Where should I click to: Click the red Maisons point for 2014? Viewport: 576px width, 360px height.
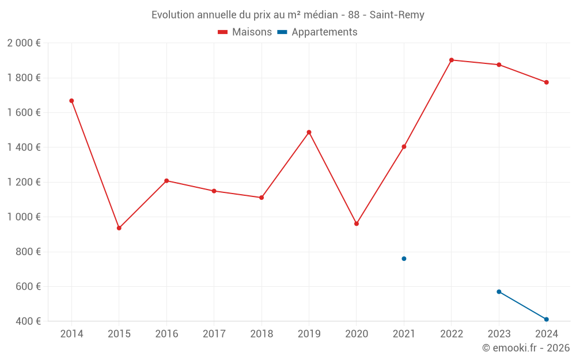click(71, 101)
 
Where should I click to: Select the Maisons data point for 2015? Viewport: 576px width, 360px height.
click(119, 228)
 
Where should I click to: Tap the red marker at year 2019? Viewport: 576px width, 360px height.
click(309, 132)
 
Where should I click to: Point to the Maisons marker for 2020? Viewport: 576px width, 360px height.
click(357, 223)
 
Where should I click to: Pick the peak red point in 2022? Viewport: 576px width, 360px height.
click(452, 60)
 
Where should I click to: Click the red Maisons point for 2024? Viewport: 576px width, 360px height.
click(546, 82)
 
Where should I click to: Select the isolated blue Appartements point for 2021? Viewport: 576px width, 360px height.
click(404, 259)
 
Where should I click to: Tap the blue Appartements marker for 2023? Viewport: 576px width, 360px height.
click(499, 291)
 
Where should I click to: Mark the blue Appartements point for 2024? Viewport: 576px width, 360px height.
click(546, 319)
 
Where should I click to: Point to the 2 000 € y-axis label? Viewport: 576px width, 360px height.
click(24, 43)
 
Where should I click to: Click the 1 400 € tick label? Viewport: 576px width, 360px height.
click(24, 147)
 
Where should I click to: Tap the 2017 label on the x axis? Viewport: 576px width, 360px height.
click(214, 334)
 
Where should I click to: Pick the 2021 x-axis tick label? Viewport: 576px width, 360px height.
click(404, 334)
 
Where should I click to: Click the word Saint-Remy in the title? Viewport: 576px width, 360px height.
click(397, 15)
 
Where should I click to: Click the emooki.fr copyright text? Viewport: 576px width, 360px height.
click(525, 348)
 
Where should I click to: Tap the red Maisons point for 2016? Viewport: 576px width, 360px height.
click(166, 181)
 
